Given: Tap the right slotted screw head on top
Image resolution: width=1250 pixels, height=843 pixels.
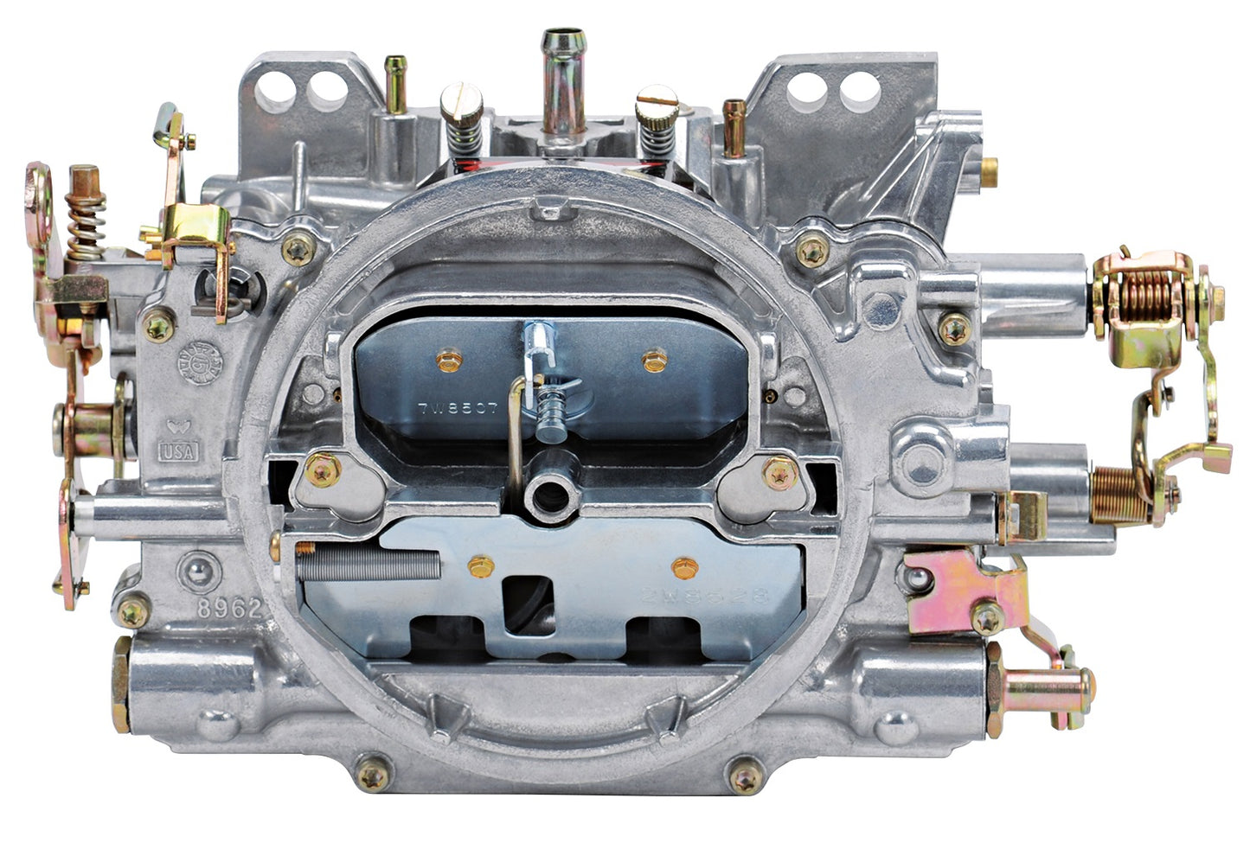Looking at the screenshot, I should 655,104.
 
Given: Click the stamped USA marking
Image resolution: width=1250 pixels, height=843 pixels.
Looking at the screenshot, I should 178,450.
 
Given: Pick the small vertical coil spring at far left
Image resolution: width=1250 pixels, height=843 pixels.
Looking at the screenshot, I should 88,226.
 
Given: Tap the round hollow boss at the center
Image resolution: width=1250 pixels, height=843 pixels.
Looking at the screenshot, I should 548,497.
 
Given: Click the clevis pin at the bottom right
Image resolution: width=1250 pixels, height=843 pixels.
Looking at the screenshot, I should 1042,687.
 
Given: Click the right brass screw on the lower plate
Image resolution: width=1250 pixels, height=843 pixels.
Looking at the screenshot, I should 684,568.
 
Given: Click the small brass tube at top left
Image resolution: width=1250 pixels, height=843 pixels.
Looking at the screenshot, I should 397,82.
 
